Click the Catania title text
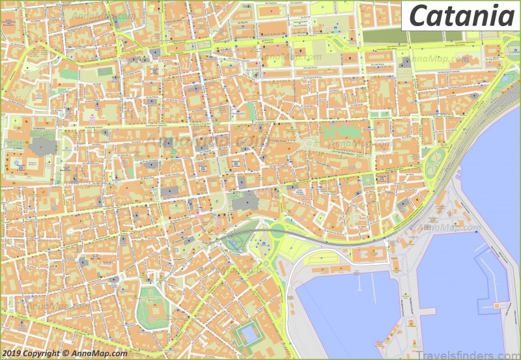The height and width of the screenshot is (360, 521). click(x=460, y=15)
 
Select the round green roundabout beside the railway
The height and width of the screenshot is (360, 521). click(x=278, y=230)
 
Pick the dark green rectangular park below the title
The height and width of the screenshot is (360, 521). click(x=384, y=36)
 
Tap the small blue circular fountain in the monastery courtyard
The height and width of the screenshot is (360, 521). click(x=14, y=159)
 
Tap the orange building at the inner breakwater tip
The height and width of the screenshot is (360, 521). click(x=501, y=305)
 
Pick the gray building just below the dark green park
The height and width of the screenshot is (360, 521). click(x=405, y=62)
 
